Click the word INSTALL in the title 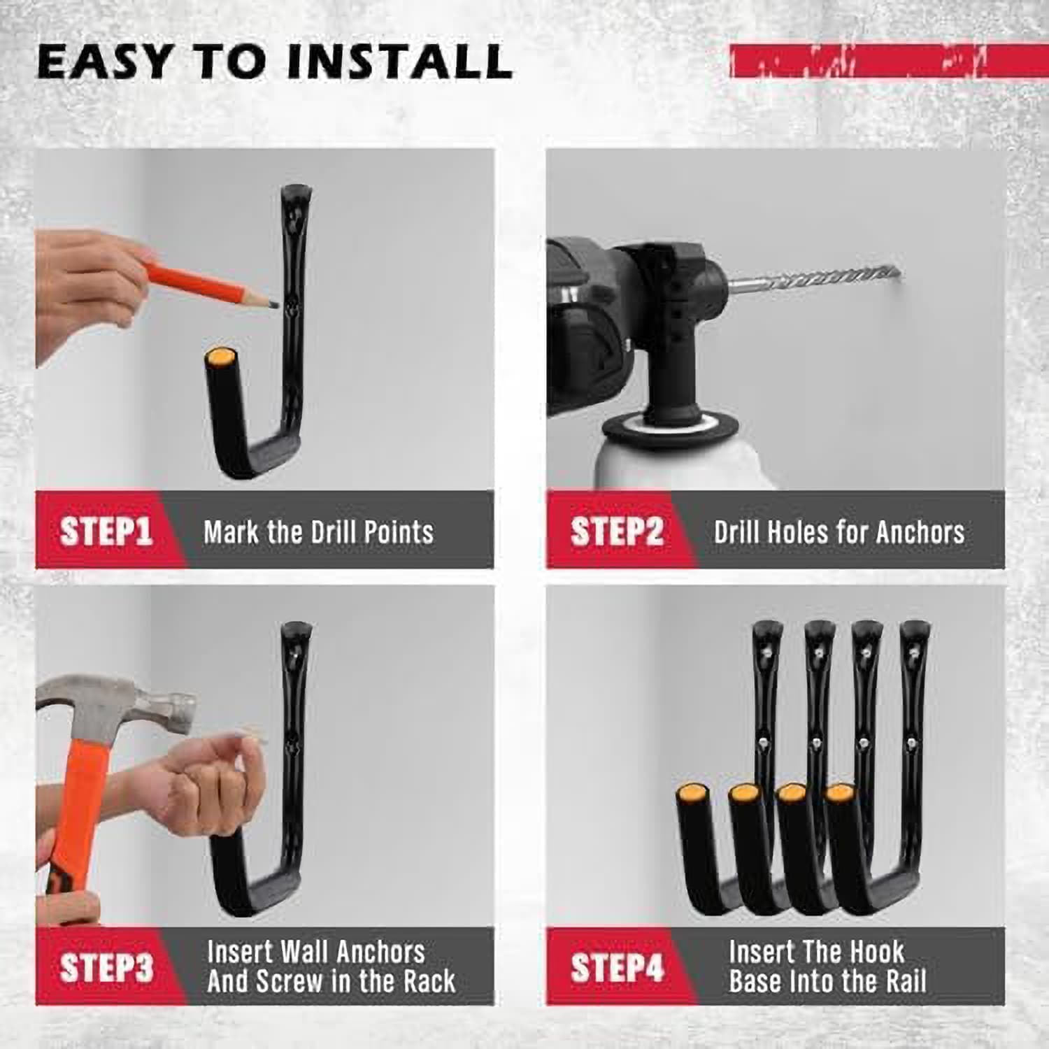point(400,61)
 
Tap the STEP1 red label point(106,531)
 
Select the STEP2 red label point(616,531)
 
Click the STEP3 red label point(106,969)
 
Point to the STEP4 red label point(616,969)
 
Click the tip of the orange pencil point(273,304)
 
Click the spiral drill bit point(825,278)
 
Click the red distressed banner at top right point(888,61)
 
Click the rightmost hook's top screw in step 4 point(913,654)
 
